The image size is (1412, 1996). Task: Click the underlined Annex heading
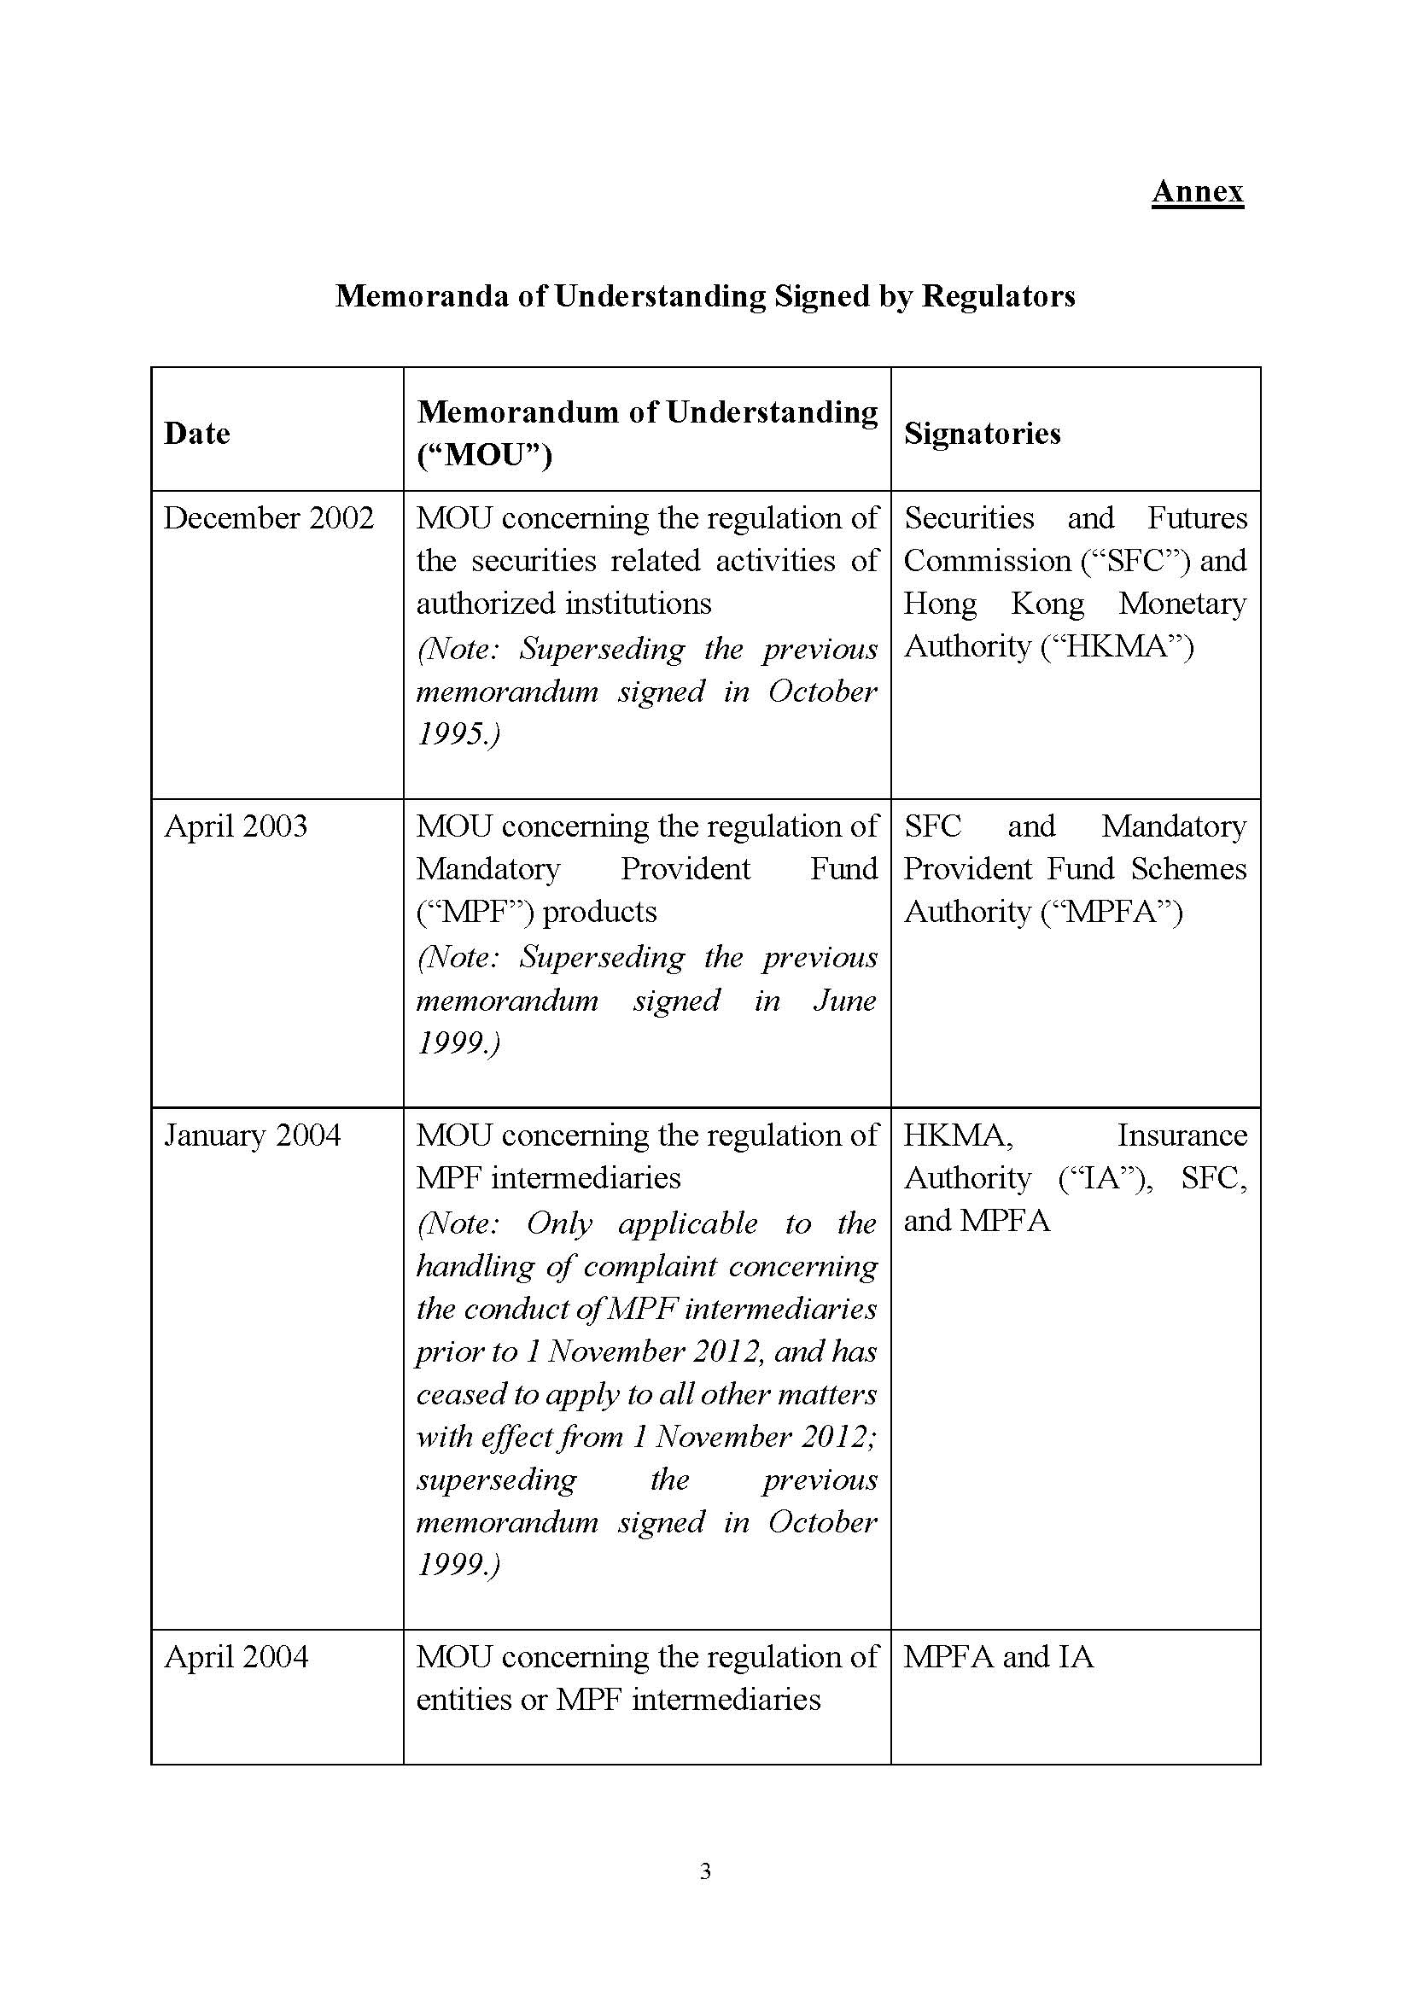1197,191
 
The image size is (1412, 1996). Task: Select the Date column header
197,433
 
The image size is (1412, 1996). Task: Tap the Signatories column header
983,433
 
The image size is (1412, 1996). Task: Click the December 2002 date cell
269,518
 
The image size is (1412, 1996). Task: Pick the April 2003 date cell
236,826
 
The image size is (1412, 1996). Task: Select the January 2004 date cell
252,1135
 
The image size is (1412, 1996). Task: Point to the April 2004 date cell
236,1656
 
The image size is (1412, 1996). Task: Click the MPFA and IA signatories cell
998,1656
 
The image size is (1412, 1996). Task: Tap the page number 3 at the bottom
705,1894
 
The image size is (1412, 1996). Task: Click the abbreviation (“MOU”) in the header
484,455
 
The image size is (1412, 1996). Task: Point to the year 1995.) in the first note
458,734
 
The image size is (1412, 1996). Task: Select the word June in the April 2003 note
844,1000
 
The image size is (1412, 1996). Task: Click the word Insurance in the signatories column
1182,1135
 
